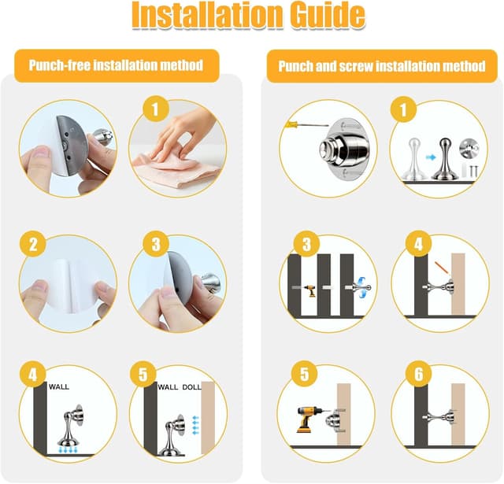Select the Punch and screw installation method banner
381,66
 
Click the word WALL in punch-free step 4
59,387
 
